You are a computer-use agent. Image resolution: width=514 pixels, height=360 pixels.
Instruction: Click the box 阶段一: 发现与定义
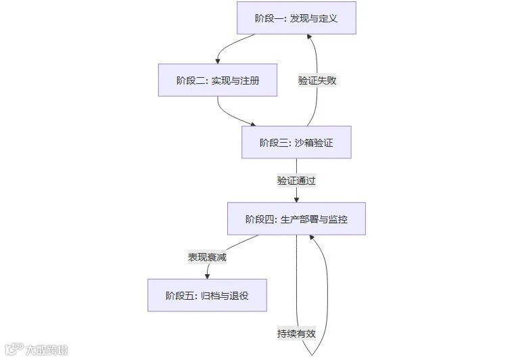(296, 18)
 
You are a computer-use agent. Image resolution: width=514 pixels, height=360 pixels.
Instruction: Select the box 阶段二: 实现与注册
(218, 80)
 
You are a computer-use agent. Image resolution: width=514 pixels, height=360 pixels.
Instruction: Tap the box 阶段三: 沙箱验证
(296, 142)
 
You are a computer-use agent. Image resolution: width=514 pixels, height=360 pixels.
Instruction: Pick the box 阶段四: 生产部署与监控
(296, 219)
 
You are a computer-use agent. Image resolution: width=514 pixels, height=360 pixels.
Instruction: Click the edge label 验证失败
(317, 80)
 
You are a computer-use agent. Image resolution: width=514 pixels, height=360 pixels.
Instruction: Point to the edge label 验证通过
(296, 181)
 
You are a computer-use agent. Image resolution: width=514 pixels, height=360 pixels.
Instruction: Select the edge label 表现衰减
(207, 257)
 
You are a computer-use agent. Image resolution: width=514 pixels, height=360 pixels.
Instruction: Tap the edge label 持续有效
(296, 334)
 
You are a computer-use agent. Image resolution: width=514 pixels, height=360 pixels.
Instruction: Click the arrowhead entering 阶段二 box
(218, 61)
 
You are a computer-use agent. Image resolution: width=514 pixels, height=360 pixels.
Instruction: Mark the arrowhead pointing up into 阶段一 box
(310, 38)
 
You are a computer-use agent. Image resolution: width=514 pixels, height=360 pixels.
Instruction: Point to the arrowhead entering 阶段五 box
(207, 275)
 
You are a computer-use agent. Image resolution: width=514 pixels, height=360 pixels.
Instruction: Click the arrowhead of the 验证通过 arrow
(296, 199)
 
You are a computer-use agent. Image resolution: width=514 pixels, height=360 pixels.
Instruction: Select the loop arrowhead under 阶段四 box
(311, 238)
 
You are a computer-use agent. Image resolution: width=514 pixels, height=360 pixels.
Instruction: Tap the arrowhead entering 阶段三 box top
(254, 124)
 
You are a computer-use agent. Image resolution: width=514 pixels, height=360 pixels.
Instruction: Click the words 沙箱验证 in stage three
(314, 142)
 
